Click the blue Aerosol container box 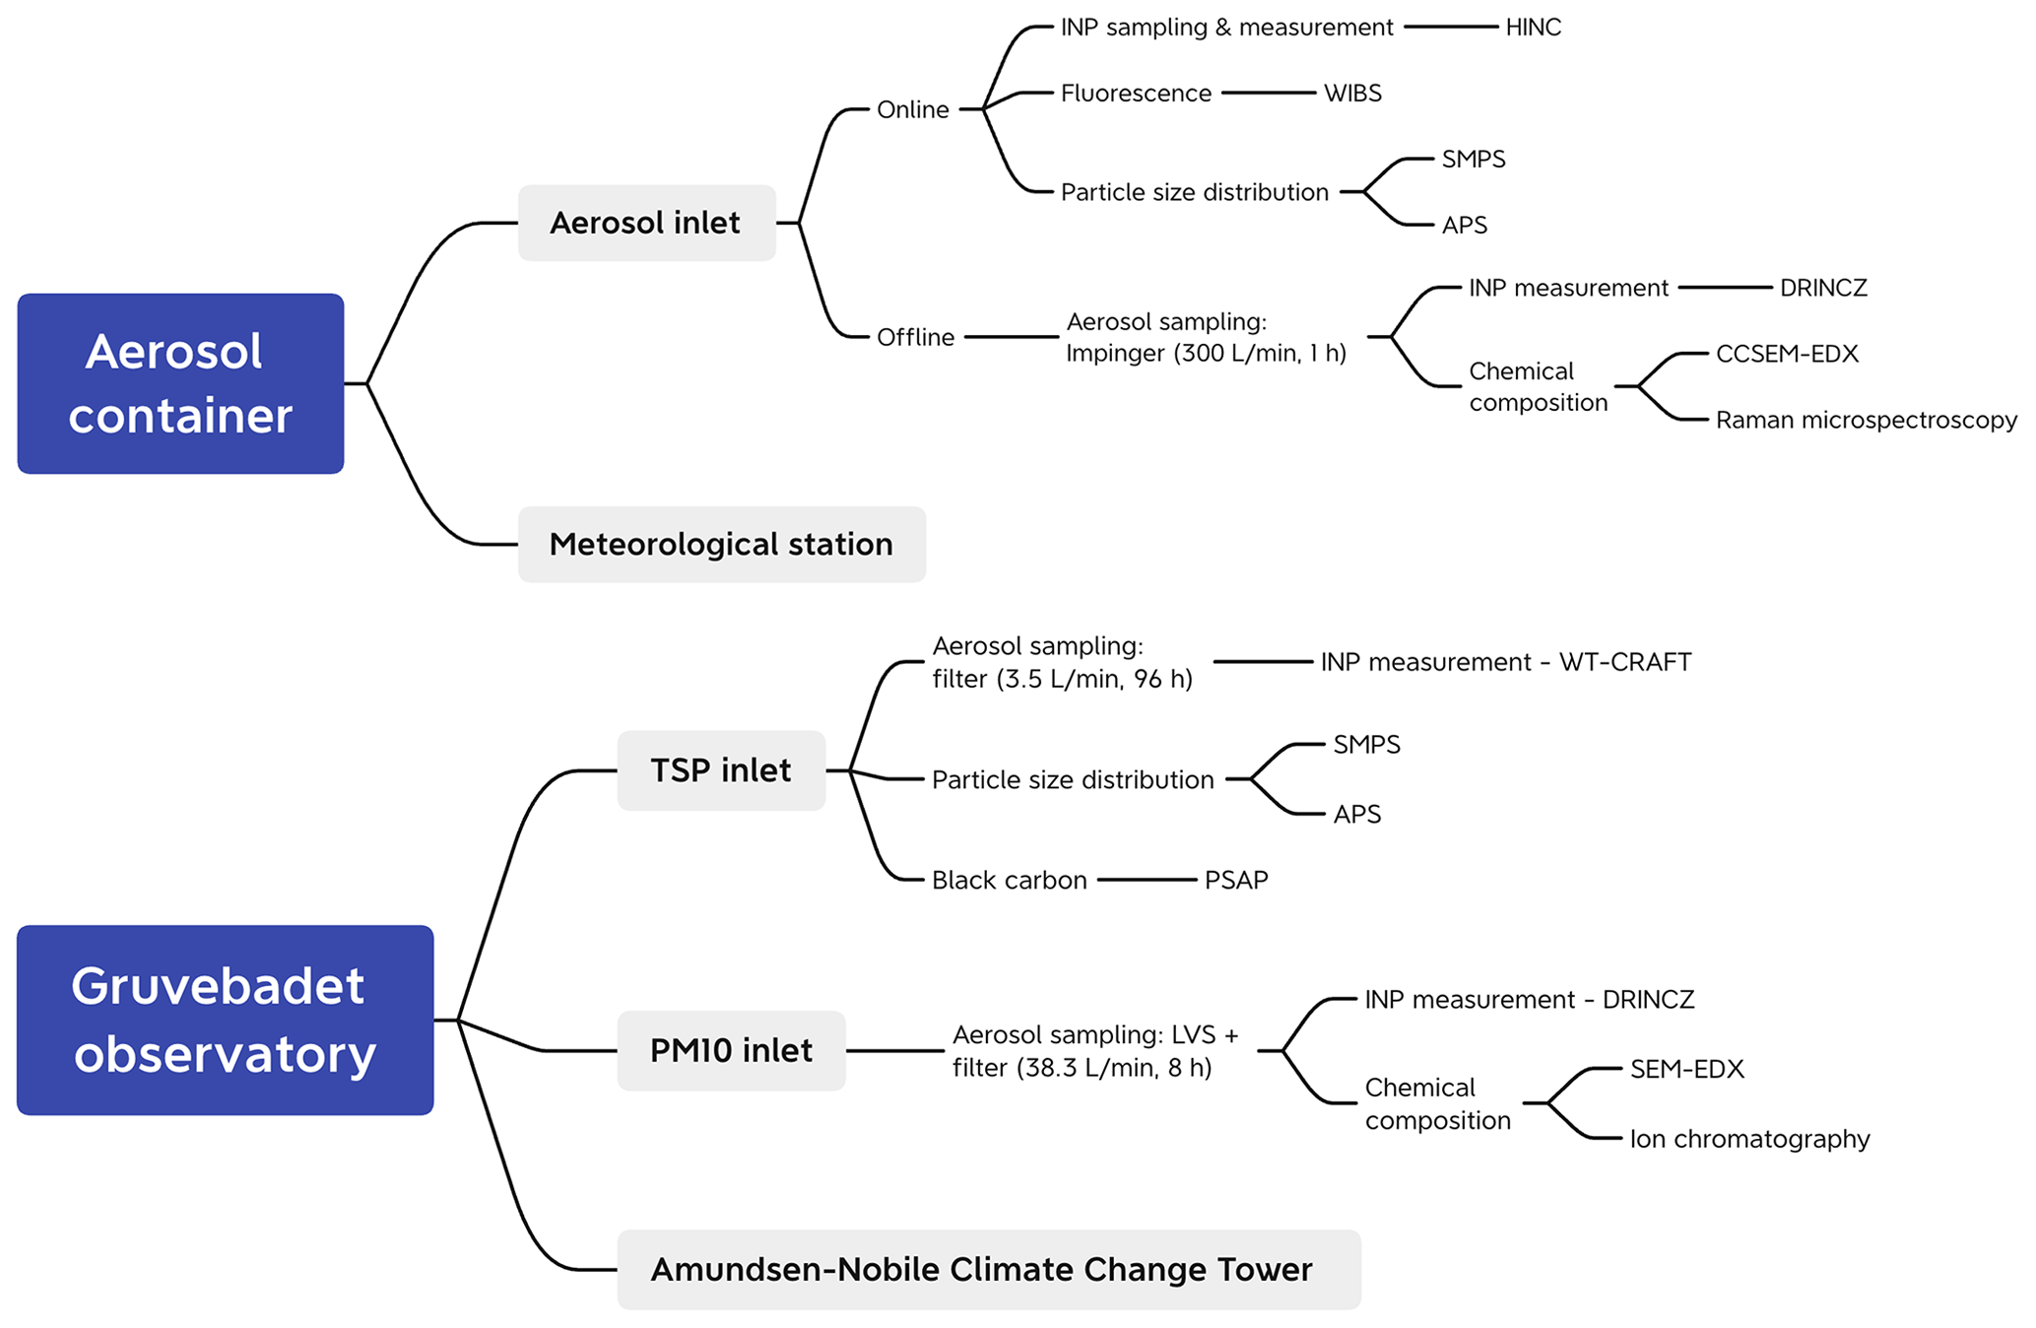tap(180, 383)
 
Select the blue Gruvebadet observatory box tap(225, 1020)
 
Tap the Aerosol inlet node tap(646, 223)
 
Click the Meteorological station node tap(721, 544)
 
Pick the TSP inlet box tap(721, 770)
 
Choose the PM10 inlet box tap(731, 1050)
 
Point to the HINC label tap(1533, 28)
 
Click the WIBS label tap(1352, 94)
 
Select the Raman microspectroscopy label tap(1866, 420)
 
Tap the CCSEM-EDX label tap(1787, 354)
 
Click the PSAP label tap(1236, 880)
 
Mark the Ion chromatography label tap(1749, 1139)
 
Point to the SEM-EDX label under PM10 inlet tap(1686, 1069)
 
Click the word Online tap(912, 109)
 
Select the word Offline tap(915, 337)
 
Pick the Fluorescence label tap(1136, 94)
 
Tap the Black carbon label tap(1009, 880)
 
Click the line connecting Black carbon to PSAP tap(1147, 879)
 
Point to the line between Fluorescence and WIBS tap(1269, 93)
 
